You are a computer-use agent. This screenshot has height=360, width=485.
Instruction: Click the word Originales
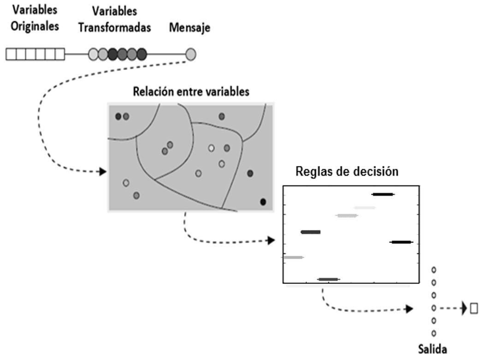point(35,26)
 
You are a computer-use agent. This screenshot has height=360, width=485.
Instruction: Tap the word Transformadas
point(114,28)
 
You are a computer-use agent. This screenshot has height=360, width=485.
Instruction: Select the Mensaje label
point(189,28)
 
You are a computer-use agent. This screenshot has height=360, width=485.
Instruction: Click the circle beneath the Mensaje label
point(191,55)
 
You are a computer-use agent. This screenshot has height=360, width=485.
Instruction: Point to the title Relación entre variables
point(191,91)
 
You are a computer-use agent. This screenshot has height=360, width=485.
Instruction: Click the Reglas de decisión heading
point(346,171)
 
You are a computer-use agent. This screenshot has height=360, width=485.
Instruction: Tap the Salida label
point(433,349)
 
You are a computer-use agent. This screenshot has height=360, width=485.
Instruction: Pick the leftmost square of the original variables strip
point(11,55)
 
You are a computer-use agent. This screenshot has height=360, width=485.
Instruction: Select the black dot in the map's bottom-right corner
point(263,201)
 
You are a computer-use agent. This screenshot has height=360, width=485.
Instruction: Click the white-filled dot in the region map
point(211,148)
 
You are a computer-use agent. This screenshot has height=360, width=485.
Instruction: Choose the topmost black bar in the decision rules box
point(383,195)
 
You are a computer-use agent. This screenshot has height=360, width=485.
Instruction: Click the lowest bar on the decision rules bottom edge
point(328,279)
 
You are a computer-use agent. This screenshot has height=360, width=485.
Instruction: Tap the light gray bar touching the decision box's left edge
point(293,257)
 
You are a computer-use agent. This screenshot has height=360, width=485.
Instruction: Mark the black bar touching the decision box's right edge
point(401,242)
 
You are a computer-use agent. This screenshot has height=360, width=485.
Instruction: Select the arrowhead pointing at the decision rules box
point(272,241)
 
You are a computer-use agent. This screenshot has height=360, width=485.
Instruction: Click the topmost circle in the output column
point(433,270)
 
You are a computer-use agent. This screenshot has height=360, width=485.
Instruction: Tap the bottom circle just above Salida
point(433,333)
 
